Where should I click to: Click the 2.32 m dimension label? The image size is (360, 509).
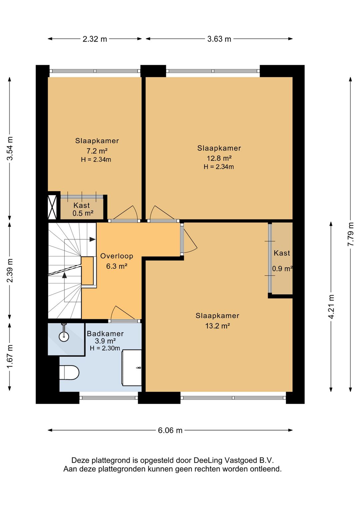point(95,39)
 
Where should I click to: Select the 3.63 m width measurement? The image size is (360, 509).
point(219,39)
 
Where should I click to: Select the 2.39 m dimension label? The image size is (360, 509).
point(10,271)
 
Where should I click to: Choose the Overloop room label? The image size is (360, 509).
point(117,256)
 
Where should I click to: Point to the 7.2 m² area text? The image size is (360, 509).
point(97,151)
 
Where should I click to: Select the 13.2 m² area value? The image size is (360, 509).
point(218,326)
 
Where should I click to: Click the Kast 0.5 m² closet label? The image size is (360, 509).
point(83,209)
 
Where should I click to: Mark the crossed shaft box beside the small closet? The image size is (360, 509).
point(52,207)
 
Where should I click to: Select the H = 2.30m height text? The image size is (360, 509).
point(105,348)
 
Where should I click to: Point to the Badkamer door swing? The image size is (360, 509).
point(123,313)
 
